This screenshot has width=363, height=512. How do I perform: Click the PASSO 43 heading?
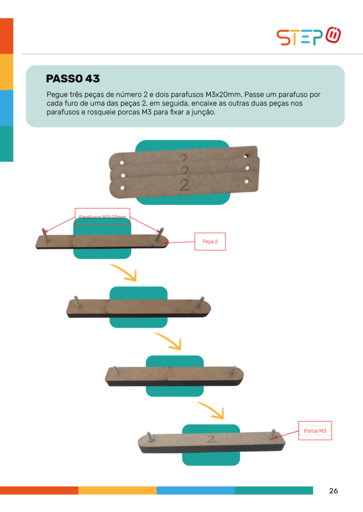[x=73, y=78]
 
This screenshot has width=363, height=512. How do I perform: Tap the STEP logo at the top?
[x=309, y=36]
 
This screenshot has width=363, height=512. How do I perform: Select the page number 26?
[x=333, y=491]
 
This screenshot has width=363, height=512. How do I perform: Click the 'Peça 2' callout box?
[x=210, y=241]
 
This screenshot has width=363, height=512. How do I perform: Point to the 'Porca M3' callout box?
[x=315, y=430]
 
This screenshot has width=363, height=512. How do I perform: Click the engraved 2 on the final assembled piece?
[x=211, y=439]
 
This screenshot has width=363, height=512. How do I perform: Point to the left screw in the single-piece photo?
[x=46, y=235]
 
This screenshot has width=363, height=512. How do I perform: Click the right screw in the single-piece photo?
[x=159, y=234]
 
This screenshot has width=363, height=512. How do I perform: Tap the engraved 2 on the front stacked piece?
[x=184, y=185]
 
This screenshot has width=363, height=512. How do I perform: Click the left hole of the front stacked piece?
[x=122, y=188]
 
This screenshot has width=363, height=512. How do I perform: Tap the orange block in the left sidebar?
[x=7, y=36]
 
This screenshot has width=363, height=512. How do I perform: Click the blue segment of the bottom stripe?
[x=196, y=490]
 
